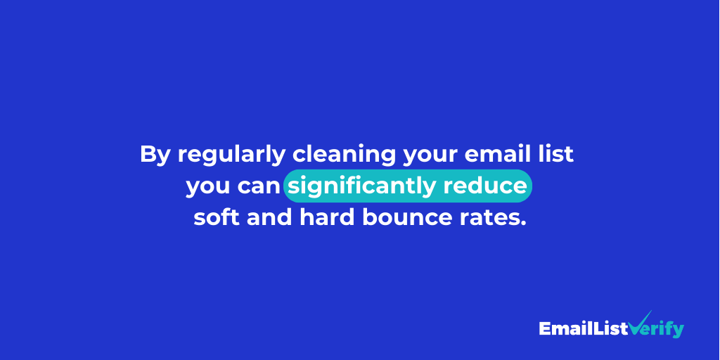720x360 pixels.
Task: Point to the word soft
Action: coord(217,217)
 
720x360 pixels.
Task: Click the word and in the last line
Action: coord(269,217)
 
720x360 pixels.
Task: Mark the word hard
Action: coord(327,217)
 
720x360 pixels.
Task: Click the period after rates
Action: coord(522,224)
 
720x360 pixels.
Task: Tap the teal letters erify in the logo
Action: coord(665,329)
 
